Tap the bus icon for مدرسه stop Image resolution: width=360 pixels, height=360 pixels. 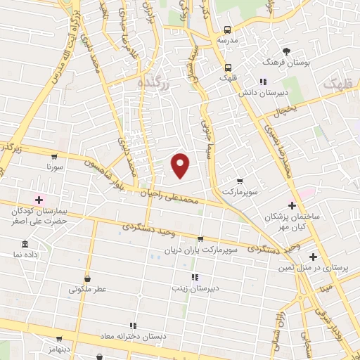[227, 30]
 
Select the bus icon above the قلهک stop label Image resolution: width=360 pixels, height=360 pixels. [227, 68]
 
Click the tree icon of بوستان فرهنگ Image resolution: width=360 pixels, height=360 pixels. [286, 51]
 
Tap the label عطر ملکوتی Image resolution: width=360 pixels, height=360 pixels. [86, 288]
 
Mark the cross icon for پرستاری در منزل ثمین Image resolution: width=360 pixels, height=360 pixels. [313, 257]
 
